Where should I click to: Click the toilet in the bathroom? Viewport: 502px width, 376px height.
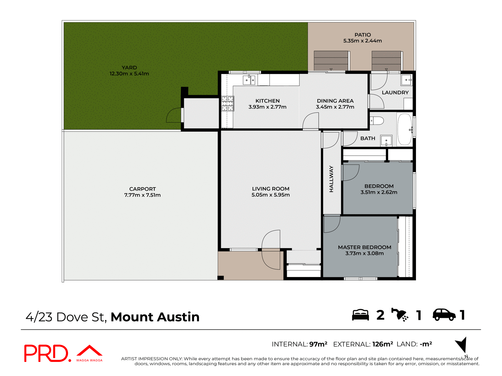pos(378,121)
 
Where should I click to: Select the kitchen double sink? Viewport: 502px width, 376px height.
pos(249,80)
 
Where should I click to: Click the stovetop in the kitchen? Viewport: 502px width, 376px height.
pos(227,104)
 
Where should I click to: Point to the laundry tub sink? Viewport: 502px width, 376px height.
pos(407,80)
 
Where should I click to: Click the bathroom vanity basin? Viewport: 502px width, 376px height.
pos(386,141)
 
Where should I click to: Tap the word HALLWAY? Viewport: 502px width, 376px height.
pos(331,179)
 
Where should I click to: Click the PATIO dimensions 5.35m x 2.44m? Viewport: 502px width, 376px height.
pos(362,41)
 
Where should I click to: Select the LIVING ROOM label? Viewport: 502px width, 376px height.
pos(271,189)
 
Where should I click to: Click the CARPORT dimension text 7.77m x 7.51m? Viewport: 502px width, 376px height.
pos(142,195)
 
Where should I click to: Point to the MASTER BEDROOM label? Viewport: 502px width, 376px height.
pos(364,247)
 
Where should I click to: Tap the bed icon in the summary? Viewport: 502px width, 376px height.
pos(360,315)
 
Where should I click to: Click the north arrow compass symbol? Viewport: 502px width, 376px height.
pos(462,345)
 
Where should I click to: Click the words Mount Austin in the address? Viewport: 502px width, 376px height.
pos(155,317)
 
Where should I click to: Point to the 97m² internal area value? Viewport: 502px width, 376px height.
pos(318,344)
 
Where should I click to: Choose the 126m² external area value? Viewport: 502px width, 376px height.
pos(383,344)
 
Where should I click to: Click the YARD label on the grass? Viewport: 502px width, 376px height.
pos(129,68)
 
